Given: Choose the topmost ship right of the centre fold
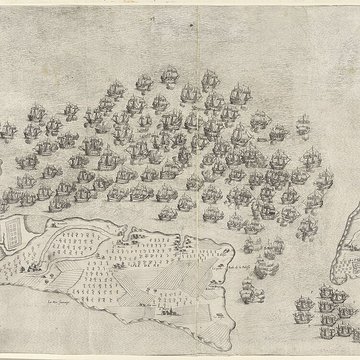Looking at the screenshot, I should point(210,77).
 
